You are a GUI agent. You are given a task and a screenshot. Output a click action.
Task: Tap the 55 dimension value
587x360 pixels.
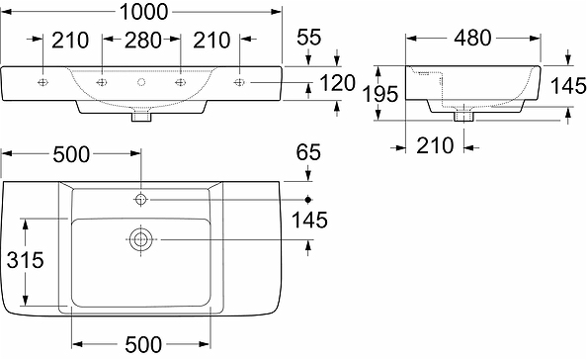308,38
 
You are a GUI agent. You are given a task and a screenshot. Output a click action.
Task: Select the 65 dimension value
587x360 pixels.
308,152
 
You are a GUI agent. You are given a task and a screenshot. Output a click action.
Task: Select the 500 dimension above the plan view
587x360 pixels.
71,154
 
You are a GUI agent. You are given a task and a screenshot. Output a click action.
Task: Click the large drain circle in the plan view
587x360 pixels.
140,238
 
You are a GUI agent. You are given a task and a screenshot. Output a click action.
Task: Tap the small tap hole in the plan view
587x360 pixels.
140,200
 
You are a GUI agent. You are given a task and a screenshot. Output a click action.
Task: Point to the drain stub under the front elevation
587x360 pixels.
140,117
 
